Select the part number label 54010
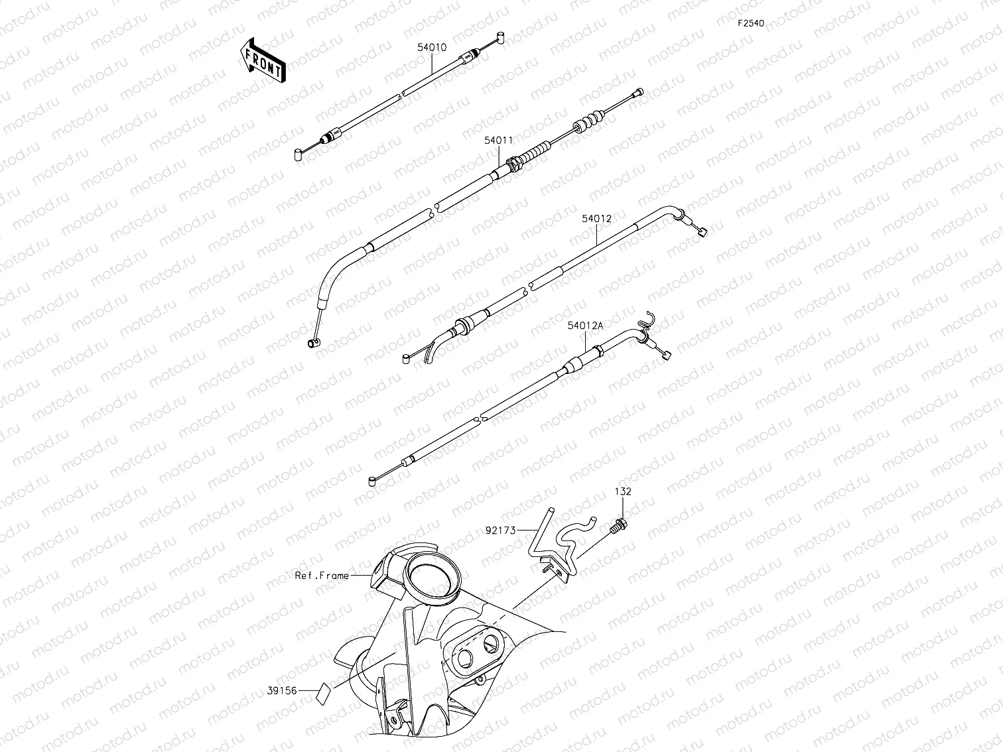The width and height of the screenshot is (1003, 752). [432, 48]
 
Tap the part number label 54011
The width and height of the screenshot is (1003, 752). [498, 141]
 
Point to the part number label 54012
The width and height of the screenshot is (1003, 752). [596, 218]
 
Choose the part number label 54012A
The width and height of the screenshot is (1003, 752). [585, 326]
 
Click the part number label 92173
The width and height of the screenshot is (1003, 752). [501, 530]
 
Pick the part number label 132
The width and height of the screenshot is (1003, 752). [622, 492]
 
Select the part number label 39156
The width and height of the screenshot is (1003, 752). [282, 690]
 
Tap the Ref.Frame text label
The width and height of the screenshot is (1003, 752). [322, 576]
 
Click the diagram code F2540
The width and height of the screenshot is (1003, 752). [751, 23]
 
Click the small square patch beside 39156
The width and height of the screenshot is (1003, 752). [323, 692]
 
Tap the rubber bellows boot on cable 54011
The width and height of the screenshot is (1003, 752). [588, 122]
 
